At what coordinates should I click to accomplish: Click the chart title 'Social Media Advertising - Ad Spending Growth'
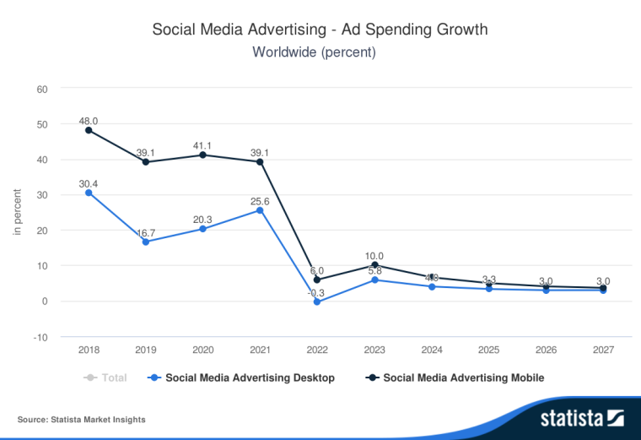tap(320, 30)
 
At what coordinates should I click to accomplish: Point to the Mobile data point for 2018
tap(89, 130)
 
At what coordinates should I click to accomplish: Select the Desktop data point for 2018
tap(89, 193)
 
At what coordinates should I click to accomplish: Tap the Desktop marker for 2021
tap(260, 209)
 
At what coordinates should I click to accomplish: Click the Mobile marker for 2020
tap(202, 155)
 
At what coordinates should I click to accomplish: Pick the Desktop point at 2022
tap(316, 301)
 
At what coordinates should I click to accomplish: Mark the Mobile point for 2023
tap(374, 265)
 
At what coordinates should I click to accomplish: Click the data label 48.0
tap(89, 120)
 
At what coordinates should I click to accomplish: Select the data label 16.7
tap(146, 231)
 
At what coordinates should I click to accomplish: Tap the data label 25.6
tap(260, 200)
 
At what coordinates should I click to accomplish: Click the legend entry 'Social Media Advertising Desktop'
tap(250, 378)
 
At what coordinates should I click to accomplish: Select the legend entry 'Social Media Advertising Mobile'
tap(463, 378)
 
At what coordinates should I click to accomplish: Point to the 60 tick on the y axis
tap(41, 89)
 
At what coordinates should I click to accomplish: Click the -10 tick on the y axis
tap(40, 336)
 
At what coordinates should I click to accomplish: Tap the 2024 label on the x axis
tap(431, 349)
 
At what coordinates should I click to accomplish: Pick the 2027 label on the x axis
tap(602, 349)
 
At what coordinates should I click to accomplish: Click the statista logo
tap(581, 417)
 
